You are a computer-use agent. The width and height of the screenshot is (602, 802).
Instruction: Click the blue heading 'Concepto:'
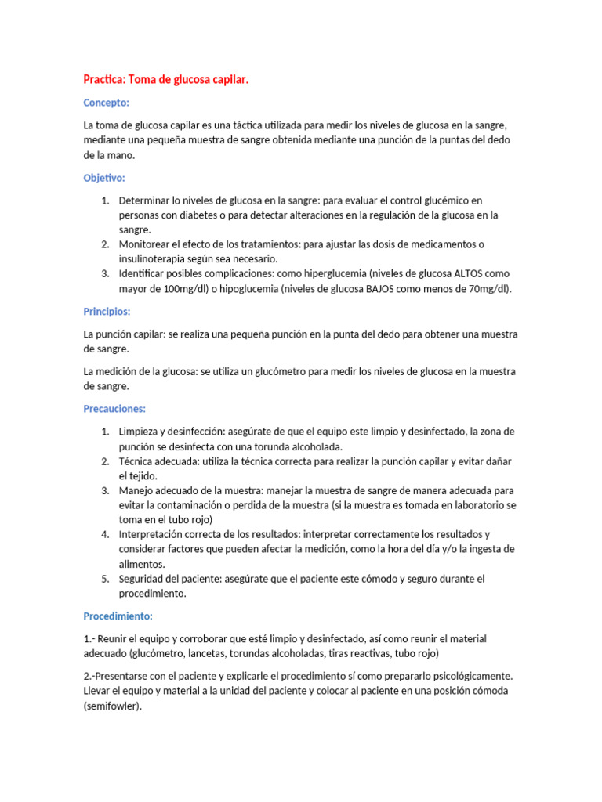coord(107,103)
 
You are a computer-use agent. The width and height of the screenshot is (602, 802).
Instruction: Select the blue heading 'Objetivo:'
coord(104,178)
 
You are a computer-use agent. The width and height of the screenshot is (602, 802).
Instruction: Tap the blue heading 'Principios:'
coord(107,312)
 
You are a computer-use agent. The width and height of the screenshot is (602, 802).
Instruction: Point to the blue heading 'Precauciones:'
coord(114,409)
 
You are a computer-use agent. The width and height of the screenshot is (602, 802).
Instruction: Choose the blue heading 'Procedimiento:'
coord(118,616)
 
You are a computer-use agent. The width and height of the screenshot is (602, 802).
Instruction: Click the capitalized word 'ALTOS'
coord(470,274)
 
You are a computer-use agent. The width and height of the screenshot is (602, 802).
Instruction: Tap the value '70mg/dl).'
coord(488,289)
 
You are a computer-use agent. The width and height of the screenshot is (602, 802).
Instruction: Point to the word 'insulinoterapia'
coord(154,259)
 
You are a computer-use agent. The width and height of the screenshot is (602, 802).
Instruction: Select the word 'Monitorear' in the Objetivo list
coord(144,244)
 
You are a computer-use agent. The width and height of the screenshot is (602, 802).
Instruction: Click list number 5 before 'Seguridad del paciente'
coord(105,580)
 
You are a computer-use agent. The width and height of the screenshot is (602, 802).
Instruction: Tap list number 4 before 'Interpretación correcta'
coord(105,535)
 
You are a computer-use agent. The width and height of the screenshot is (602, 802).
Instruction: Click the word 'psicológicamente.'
coord(472,675)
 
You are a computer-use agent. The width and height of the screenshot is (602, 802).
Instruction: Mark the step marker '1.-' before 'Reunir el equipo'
coord(90,639)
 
